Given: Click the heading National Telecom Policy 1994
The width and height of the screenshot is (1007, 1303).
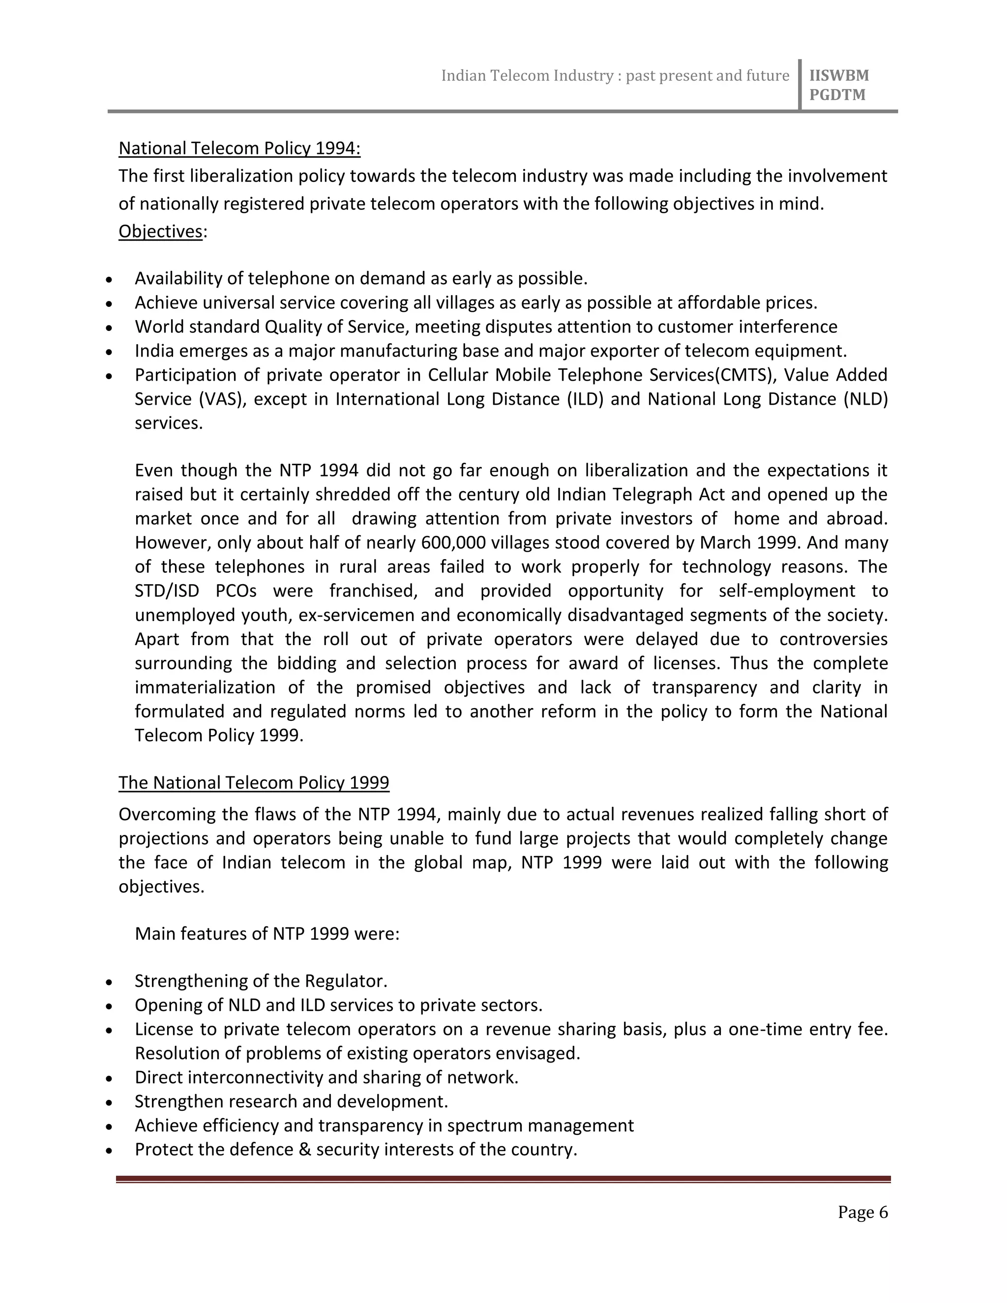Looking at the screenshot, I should [239, 148].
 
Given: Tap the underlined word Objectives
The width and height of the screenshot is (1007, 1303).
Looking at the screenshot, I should [160, 232].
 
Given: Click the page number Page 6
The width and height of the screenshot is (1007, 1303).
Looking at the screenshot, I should [862, 1213].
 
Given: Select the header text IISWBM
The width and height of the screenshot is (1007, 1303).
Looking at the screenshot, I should [839, 76].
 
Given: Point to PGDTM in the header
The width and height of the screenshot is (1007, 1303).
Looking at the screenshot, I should [837, 95].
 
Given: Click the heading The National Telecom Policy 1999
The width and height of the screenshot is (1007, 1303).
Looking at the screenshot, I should [254, 782].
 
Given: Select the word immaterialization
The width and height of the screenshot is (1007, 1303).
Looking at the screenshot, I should [205, 687].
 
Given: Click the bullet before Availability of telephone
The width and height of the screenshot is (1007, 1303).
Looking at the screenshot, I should [109, 280].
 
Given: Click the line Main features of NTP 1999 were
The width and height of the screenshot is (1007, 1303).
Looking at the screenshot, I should [267, 934].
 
